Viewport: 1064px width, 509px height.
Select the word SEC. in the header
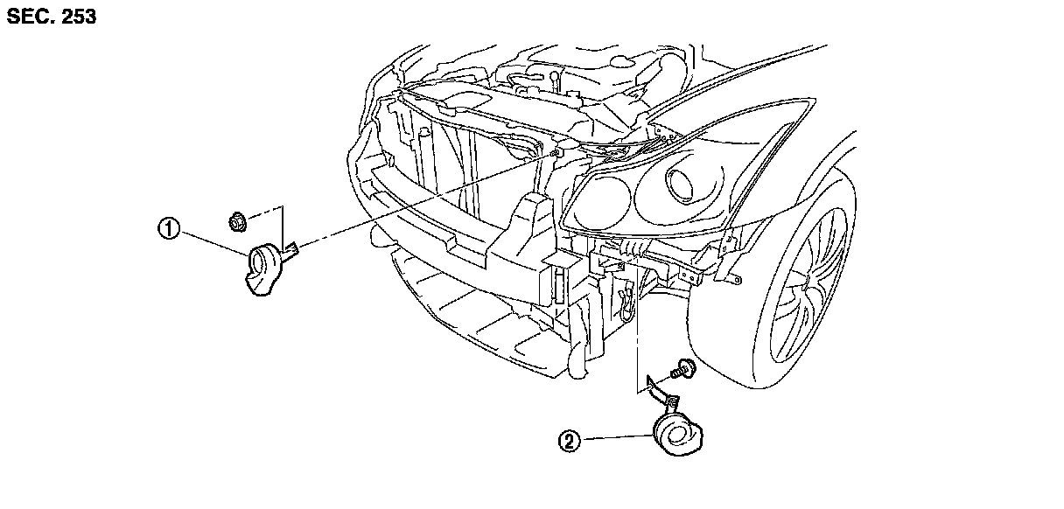click(x=28, y=17)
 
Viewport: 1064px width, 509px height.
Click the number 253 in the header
click(x=77, y=17)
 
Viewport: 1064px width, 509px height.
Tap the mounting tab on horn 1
click(x=291, y=251)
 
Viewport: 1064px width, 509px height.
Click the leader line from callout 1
click(x=213, y=242)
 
